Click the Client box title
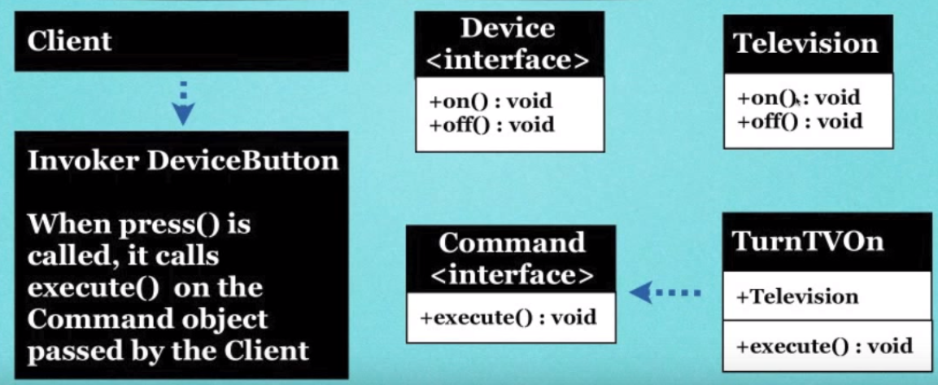point(69,41)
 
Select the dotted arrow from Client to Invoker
point(184,101)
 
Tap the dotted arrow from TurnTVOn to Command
point(666,291)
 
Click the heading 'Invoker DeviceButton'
point(183,160)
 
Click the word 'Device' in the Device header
point(508,29)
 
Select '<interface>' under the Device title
point(508,59)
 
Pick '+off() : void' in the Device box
point(492,125)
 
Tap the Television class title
point(805,43)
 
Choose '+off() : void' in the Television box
point(800,122)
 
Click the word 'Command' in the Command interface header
point(512,243)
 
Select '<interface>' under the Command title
point(512,274)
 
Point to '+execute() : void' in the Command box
point(508,317)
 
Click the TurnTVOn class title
point(808,241)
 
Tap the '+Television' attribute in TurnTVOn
point(796,295)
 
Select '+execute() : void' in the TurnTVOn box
point(824,345)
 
